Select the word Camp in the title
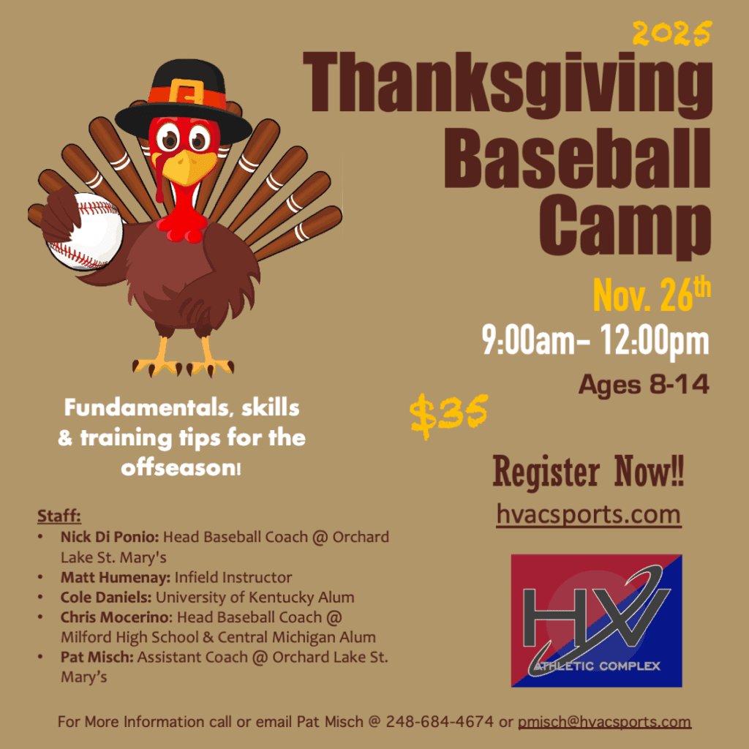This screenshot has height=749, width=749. (x=625, y=228)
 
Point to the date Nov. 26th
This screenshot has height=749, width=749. (x=652, y=295)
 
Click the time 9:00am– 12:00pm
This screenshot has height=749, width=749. (x=595, y=340)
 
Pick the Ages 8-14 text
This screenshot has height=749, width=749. (x=644, y=385)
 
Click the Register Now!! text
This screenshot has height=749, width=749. (x=589, y=471)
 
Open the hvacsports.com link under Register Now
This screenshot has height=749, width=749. (x=589, y=514)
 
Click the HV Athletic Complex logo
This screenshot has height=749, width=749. (x=596, y=620)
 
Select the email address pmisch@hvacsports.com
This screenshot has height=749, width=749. (x=604, y=722)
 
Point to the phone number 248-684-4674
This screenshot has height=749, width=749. (x=440, y=721)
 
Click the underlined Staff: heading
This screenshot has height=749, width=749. (x=59, y=516)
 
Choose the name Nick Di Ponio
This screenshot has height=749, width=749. (x=110, y=537)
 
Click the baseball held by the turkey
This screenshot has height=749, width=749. (x=86, y=232)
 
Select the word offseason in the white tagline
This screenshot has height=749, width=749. (x=178, y=467)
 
